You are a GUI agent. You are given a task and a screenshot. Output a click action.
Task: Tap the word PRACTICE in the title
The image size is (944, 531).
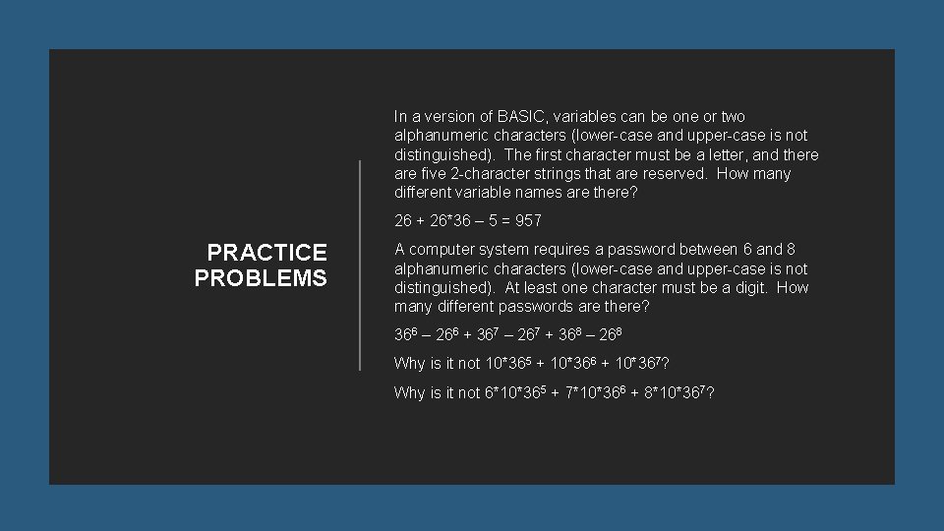click(x=267, y=254)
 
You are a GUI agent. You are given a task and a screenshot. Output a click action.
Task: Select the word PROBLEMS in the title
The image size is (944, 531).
click(x=261, y=278)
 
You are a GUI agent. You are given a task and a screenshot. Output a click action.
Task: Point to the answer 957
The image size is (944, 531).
click(x=527, y=220)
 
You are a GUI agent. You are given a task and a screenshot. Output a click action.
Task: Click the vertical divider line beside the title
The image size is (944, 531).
click(x=361, y=265)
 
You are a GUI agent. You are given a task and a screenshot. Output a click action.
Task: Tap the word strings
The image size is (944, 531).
click(x=568, y=174)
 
